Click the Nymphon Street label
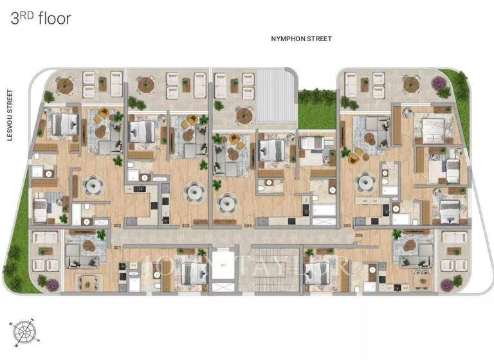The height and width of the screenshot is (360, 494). pyautogui.click(x=302, y=39)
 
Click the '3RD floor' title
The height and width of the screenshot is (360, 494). pyautogui.click(x=41, y=18)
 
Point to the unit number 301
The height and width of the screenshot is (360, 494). pyautogui.click(x=116, y=247)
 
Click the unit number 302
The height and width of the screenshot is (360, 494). pyautogui.click(x=116, y=226)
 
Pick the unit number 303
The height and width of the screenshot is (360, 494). pyautogui.click(x=185, y=226)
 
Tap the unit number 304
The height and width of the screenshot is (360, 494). pyautogui.click(x=248, y=226)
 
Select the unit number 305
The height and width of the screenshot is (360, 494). pyautogui.click(x=347, y=226)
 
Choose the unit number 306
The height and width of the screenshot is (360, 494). pyautogui.click(x=359, y=236)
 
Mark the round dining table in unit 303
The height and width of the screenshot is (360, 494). pyautogui.click(x=193, y=191)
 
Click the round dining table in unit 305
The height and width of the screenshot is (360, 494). pyautogui.click(x=367, y=184)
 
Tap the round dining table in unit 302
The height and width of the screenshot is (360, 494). pyautogui.click(x=94, y=186)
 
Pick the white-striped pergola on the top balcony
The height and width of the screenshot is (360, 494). pyautogui.click(x=276, y=96)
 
